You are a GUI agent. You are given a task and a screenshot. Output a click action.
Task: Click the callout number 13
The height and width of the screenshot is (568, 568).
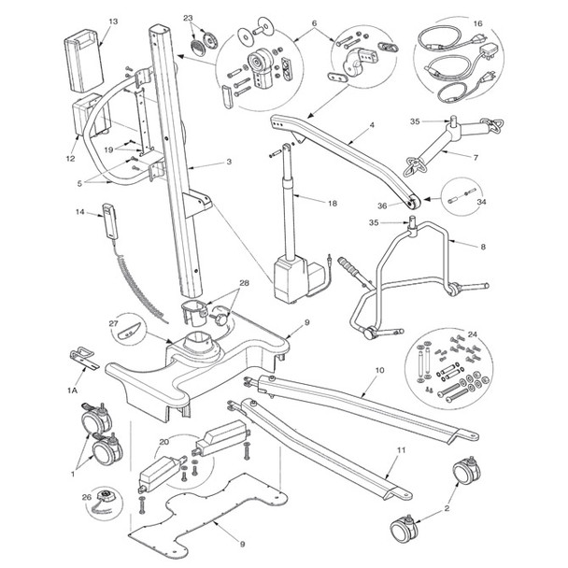113,21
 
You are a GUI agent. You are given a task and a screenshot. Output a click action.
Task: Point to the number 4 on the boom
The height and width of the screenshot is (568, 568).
371,123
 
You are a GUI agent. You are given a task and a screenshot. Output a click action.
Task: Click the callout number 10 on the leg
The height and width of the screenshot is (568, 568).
379,370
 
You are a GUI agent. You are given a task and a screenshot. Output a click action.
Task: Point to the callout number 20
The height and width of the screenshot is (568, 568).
164,442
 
